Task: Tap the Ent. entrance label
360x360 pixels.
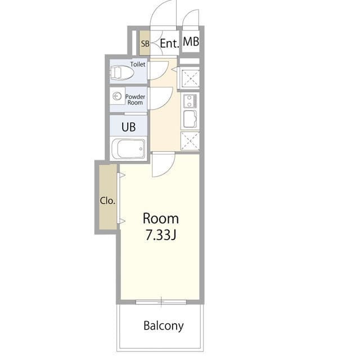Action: tap(169, 43)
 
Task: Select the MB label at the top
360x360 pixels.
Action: tap(191, 42)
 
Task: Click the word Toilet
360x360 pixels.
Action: tap(138, 64)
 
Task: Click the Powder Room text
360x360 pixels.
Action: tap(135, 100)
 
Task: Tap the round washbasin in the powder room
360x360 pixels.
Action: tap(118, 97)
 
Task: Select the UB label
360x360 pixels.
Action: tap(128, 127)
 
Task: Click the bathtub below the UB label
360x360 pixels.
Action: tap(128, 149)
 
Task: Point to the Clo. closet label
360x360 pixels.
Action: tap(107, 201)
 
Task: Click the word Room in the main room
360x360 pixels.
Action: tap(160, 218)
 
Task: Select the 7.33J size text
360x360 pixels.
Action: tap(161, 235)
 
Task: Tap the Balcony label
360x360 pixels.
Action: tap(163, 326)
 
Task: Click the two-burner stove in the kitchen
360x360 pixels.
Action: tap(190, 101)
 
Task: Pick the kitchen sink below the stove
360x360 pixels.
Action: tap(190, 119)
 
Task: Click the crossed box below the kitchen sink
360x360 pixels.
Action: tap(190, 141)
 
